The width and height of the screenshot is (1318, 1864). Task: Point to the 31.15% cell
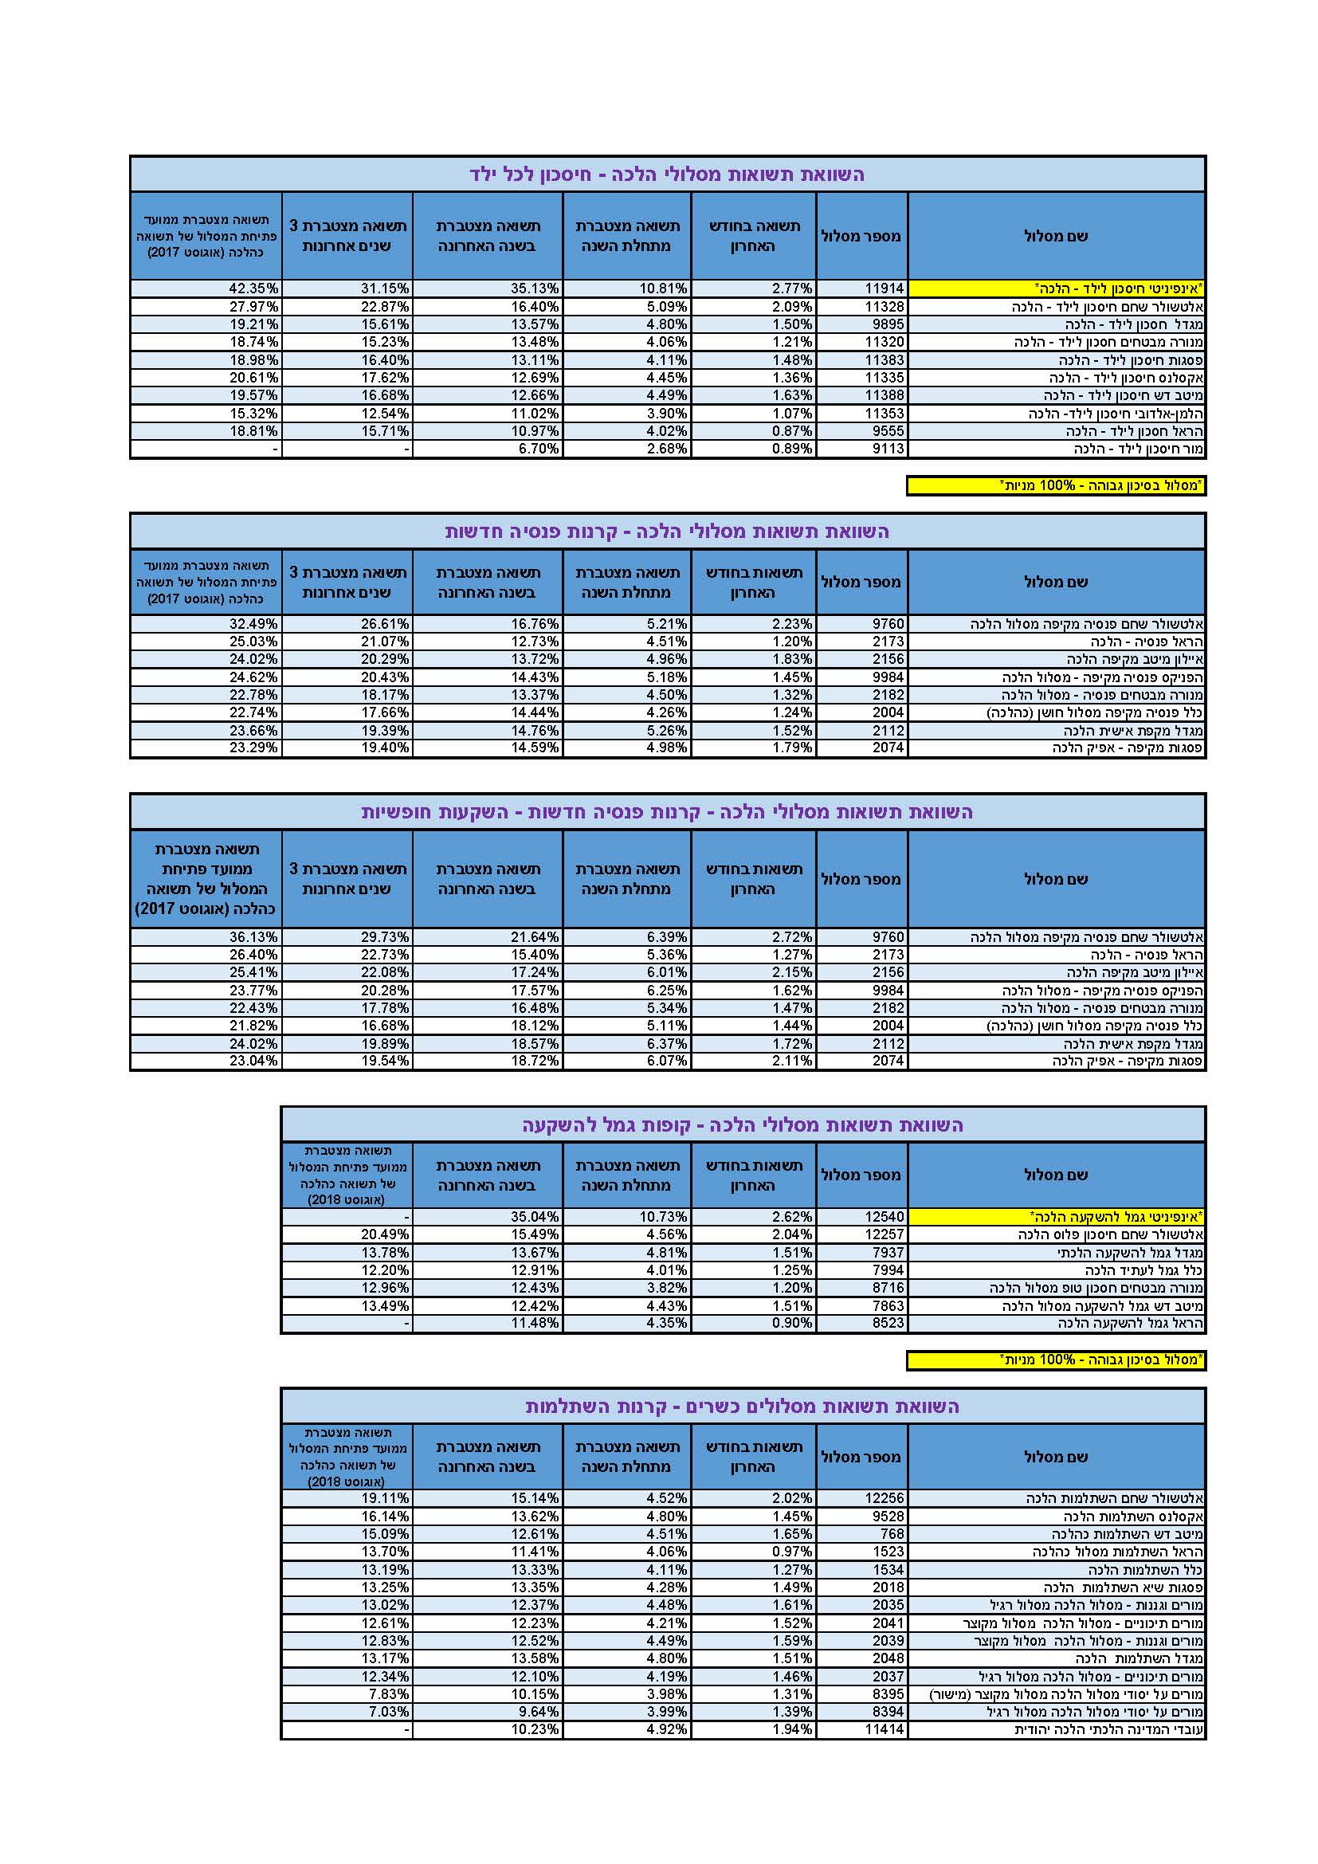click(x=386, y=288)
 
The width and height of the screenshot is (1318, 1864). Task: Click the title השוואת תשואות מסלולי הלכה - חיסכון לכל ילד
click(x=667, y=175)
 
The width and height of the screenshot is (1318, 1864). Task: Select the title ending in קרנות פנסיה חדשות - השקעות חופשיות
click(x=667, y=812)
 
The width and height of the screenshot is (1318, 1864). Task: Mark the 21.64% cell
click(x=535, y=937)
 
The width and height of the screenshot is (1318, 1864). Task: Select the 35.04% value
click(x=535, y=1217)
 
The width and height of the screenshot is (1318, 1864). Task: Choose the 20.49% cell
click(x=386, y=1234)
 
